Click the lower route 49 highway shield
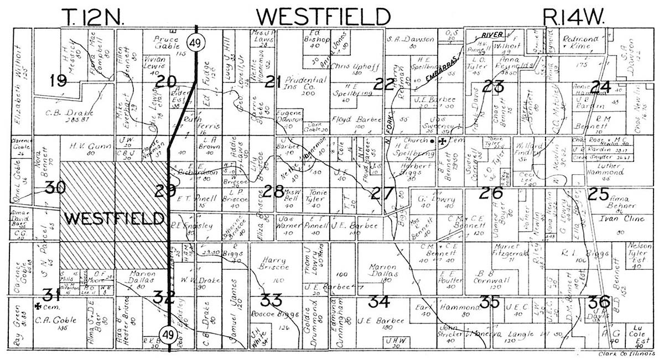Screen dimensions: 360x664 [x=168, y=333]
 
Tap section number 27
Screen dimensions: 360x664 [x=383, y=193]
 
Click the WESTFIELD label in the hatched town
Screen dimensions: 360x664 [x=114, y=218]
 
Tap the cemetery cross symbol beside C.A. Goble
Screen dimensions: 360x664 [x=38, y=306]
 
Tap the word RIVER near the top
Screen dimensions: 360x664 [x=490, y=34]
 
